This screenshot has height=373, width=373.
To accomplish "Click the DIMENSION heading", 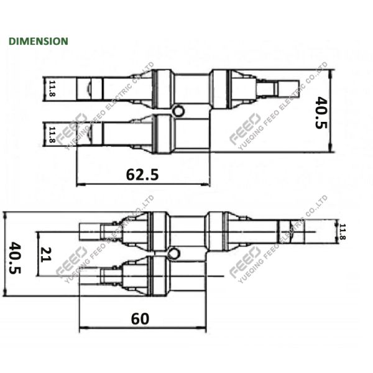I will [x=38, y=41].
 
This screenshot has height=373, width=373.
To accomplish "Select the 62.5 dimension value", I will [x=142, y=175].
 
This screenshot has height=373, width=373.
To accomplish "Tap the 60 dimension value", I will [x=140, y=318].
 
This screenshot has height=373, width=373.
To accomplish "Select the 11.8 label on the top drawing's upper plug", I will [x=52, y=88].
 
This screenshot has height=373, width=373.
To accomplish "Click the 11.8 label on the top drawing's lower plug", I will [x=52, y=134].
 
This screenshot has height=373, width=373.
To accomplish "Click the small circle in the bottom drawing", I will [x=172, y=252].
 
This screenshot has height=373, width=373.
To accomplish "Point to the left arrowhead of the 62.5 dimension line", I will [x=79, y=185].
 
